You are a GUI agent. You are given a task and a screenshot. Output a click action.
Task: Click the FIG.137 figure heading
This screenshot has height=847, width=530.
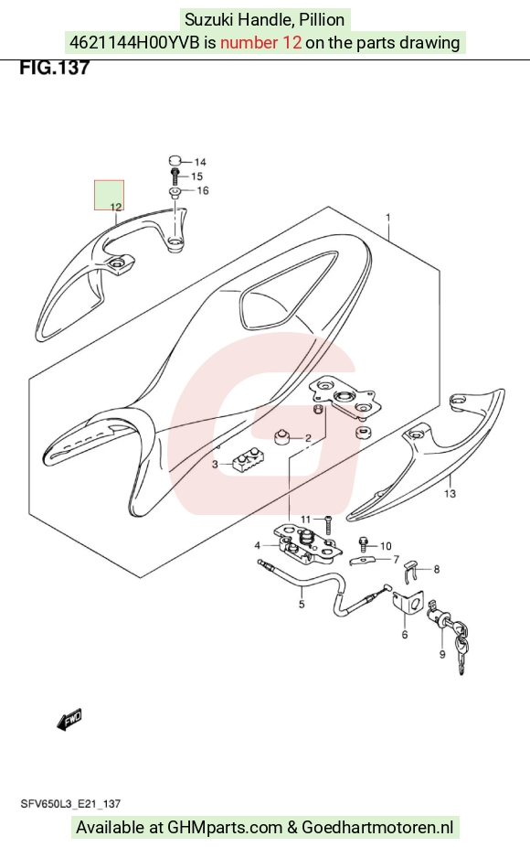54,68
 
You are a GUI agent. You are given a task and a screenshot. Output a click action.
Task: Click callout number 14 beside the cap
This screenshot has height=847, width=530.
200,162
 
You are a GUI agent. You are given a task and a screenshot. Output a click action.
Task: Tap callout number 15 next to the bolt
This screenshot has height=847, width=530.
197,177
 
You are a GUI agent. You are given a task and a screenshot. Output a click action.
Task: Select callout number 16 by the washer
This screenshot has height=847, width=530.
202,190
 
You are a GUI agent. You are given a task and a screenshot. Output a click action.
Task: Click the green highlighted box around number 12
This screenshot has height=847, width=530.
110,195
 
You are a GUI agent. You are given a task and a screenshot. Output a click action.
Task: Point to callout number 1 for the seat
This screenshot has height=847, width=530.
388,218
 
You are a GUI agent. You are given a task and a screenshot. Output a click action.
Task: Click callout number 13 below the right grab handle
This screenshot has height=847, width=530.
450,493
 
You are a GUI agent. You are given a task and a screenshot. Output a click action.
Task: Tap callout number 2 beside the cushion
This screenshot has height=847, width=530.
308,438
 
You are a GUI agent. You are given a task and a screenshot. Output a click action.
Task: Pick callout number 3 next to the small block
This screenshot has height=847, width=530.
215,464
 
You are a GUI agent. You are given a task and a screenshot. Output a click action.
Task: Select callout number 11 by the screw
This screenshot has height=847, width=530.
306,520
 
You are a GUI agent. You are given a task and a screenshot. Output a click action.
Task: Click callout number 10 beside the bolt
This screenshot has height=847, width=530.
386,546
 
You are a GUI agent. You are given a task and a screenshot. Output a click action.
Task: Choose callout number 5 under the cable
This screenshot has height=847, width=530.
302,604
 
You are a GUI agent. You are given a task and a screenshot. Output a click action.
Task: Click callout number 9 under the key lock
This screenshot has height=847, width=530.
442,654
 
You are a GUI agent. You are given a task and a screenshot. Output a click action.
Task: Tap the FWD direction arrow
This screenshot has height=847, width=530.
69,720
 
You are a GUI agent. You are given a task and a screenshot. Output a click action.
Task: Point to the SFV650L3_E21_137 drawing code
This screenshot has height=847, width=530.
70,804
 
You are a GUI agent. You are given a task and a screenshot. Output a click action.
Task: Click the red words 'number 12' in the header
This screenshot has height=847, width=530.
260,42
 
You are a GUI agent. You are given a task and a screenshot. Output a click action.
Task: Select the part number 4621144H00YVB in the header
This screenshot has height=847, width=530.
134,42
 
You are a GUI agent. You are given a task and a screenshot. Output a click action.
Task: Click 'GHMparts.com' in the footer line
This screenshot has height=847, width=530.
225,827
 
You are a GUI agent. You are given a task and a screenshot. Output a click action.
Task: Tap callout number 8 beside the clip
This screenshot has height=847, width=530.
436,569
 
